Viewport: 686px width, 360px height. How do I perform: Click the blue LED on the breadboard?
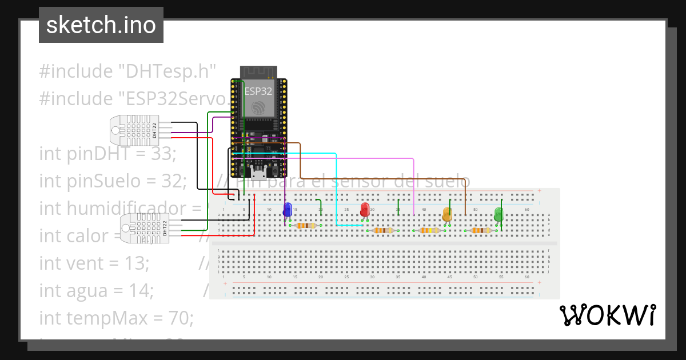(288, 210)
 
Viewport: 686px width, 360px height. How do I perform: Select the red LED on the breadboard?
(365, 210)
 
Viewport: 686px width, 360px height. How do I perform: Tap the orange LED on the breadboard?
(447, 214)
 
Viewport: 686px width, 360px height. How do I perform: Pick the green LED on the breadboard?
(498, 215)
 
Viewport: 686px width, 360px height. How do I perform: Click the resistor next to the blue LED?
(306, 226)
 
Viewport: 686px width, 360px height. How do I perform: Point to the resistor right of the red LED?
(383, 231)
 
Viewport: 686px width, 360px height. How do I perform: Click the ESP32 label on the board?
(258, 91)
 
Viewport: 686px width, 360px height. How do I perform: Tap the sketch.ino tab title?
(101, 25)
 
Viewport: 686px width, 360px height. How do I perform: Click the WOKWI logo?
(607, 315)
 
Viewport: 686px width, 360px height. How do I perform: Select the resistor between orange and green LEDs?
(481, 231)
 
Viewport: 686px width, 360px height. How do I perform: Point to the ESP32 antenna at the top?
(258, 71)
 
